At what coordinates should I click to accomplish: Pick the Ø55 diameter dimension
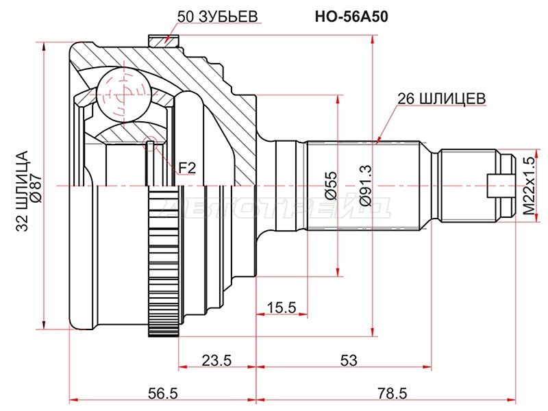331,185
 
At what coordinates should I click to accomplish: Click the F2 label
187,166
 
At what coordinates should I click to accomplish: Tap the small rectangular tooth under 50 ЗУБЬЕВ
162,40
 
